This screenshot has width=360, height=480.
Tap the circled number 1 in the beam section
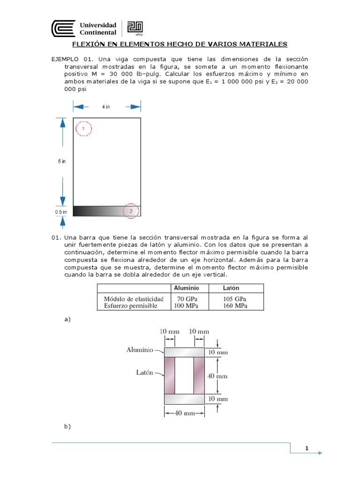(82, 128)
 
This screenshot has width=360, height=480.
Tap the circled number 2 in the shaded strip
(131, 211)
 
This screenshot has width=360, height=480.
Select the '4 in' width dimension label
(106, 107)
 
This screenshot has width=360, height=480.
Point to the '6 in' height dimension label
(61, 161)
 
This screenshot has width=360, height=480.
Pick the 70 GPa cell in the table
(186, 299)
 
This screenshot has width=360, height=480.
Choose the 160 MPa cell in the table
(235, 306)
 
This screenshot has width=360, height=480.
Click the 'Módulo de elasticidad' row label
(134, 299)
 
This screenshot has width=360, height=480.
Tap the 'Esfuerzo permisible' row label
(131, 306)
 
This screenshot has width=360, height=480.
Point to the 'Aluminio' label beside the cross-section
(140, 350)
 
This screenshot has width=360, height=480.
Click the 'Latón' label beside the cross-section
(144, 373)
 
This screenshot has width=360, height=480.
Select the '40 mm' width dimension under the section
(184, 413)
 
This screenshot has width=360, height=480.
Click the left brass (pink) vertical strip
(169, 375)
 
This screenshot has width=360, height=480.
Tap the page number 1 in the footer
(307, 448)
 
